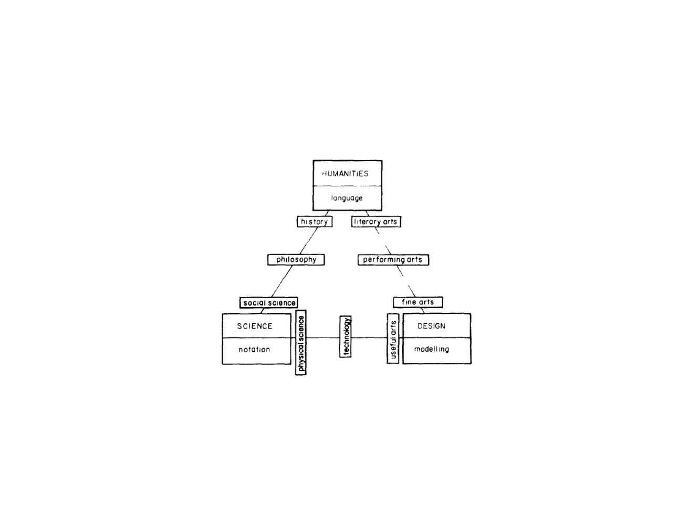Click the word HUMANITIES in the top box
coord(346,174)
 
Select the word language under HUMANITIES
coord(347,198)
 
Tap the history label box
coord(315,222)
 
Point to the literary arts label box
coord(376,222)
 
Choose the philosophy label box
coord(296,259)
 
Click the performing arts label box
coord(393,260)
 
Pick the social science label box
coord(269,302)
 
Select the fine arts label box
coord(418,302)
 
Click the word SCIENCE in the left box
coord(255,326)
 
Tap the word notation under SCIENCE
coord(254,350)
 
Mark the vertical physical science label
coord(301,342)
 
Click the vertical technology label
coord(346,337)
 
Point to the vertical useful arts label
coord(393,339)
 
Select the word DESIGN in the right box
coord(431,326)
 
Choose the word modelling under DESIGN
coord(432,349)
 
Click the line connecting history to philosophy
coord(308,240)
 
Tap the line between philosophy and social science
coord(281,281)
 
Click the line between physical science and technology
coord(323,338)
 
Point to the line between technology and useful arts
coord(369,338)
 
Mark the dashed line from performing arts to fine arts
coord(406,281)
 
